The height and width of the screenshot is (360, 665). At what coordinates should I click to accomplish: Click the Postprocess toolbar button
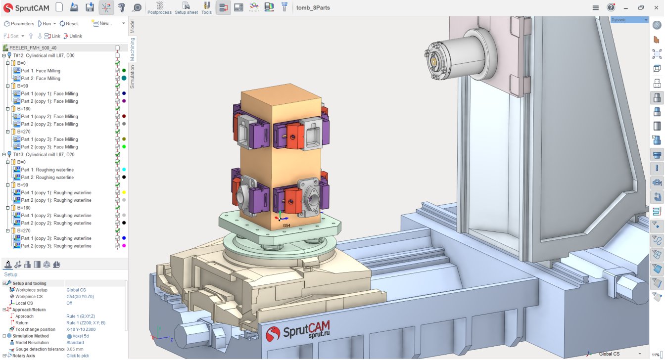(x=159, y=8)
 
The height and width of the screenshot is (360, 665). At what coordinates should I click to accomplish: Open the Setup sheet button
(x=186, y=8)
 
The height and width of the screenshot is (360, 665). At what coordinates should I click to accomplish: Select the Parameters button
(x=19, y=23)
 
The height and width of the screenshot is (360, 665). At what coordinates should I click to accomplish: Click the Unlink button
(x=73, y=36)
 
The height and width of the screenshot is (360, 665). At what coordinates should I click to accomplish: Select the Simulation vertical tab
(x=132, y=77)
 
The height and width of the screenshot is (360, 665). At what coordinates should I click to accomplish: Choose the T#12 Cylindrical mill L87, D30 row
(x=44, y=55)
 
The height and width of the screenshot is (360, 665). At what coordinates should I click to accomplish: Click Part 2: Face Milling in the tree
(x=41, y=78)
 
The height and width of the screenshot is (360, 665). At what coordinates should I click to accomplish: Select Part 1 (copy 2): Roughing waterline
(x=56, y=216)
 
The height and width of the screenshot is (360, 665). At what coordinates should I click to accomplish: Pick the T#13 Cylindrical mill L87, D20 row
(x=44, y=155)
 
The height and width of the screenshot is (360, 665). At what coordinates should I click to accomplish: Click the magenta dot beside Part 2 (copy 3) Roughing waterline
(x=124, y=246)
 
